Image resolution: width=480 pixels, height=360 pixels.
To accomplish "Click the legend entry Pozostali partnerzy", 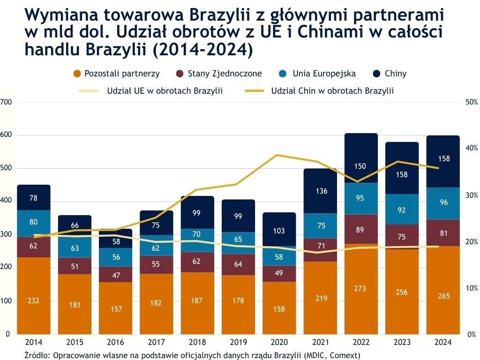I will (122, 74).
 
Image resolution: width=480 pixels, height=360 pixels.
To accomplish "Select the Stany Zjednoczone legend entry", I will (225, 74).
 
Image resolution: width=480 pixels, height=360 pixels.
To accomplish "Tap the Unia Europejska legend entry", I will (324, 74).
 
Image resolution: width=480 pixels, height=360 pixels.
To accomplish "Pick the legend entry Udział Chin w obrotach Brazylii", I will (332, 91).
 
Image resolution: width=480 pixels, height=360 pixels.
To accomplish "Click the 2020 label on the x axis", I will (279, 342).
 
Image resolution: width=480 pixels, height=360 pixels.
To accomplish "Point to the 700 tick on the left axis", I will (6, 102).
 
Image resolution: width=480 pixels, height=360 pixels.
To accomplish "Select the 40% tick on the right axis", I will (471, 148).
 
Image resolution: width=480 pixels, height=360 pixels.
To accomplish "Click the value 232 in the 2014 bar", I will (33, 300).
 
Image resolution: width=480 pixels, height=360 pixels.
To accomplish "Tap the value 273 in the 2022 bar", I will (360, 288).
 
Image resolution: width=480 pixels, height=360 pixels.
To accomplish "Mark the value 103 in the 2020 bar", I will (279, 231).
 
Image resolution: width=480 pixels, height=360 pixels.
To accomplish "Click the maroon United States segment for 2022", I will (360, 229).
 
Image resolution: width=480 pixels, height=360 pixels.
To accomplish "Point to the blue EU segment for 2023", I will (402, 210).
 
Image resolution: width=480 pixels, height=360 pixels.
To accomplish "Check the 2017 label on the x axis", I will (157, 342).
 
